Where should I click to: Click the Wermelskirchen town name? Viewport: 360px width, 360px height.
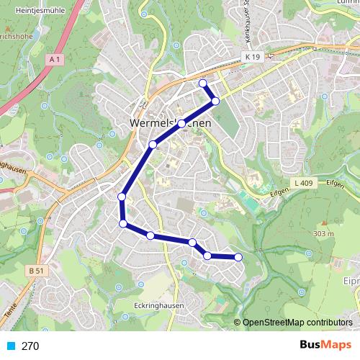(170, 124)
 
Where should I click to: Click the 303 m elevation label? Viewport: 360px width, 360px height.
(324, 234)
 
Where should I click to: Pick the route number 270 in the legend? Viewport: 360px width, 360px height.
(30, 346)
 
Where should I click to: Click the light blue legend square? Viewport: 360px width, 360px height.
(11, 346)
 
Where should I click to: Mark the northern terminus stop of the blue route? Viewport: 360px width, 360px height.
(203, 84)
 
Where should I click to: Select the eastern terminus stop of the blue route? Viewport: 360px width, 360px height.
(238, 257)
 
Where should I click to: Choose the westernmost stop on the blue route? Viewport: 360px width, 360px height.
(122, 197)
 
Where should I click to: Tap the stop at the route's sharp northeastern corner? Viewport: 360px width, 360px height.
(215, 101)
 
